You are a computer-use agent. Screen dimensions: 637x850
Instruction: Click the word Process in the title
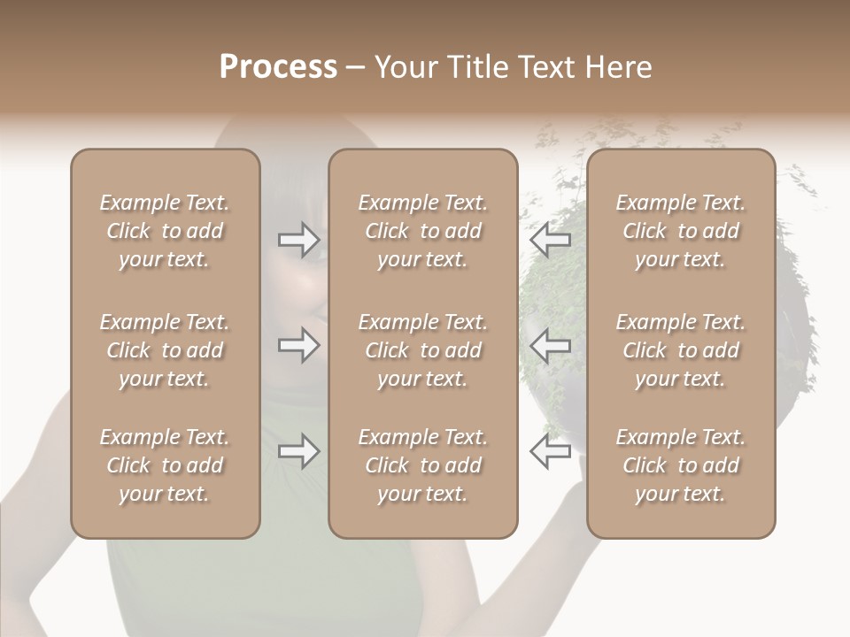coord(278,67)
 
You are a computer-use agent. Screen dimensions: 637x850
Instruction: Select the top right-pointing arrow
coord(298,239)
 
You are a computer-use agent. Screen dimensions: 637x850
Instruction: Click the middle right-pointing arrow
coord(298,345)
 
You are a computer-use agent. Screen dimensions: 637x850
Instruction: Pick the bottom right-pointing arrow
coord(298,451)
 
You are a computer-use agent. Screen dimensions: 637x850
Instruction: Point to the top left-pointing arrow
coord(550,239)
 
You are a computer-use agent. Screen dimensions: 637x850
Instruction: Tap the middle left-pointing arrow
coord(550,345)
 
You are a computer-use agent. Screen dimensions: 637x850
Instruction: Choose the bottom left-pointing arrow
coord(550,451)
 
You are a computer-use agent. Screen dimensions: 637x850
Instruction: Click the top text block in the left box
coord(165,231)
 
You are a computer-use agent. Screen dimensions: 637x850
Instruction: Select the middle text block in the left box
coord(165,350)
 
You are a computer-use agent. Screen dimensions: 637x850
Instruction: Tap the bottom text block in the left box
coord(165,465)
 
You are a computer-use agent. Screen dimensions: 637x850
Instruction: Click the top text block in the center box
coord(422,231)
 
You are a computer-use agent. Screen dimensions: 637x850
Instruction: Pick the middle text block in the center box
coord(422,350)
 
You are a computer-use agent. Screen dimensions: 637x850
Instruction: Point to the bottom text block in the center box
coord(422,465)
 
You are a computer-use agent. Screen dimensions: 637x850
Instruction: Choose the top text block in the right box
coord(680,231)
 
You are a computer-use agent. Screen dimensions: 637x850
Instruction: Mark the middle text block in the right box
coord(680,350)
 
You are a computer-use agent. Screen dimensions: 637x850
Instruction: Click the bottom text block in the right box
coord(680,465)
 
